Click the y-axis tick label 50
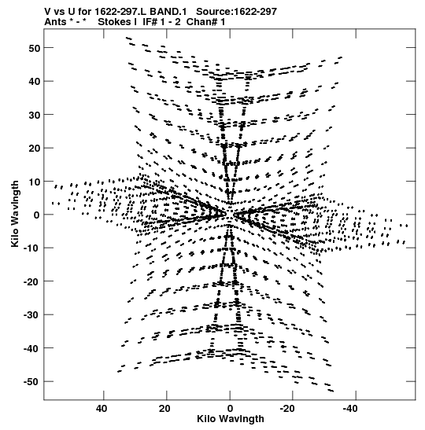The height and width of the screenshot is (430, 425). coord(35,48)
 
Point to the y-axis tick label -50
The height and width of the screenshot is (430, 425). coord(31,382)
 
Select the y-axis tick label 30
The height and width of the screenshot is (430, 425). coord(35,116)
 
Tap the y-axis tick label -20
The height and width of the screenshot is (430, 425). coord(31,282)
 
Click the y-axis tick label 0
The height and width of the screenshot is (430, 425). coord(37,215)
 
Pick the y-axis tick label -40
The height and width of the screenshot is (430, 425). coord(31,349)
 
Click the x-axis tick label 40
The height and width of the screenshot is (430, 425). coord(102,409)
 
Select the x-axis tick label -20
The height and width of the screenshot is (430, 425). coord(287,409)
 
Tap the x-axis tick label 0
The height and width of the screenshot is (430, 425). coord(230,409)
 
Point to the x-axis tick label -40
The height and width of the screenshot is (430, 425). coord(350,409)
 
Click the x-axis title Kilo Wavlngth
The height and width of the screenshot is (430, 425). coord(231,419)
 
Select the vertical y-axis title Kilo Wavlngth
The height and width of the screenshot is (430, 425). coord(15,214)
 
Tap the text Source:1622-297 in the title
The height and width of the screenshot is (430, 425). coord(236,12)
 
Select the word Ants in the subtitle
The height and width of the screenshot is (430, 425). coord(55,22)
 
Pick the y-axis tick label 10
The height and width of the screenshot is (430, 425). coord(35,182)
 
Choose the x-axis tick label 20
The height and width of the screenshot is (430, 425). coord(164,409)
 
